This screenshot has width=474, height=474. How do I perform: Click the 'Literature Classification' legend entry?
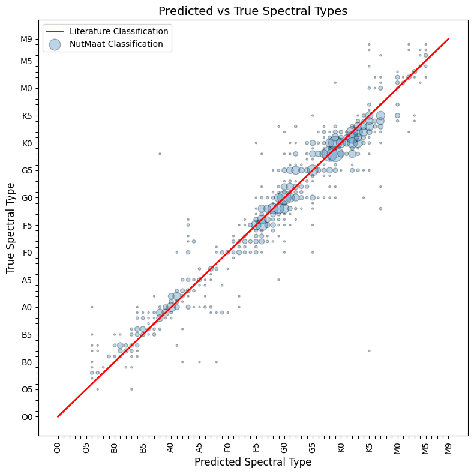119,31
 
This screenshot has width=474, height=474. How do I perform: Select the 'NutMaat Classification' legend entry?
116,44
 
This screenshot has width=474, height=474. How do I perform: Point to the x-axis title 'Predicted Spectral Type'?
253,462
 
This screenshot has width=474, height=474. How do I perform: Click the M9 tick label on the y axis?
26,39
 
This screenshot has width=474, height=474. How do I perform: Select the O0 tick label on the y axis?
26,416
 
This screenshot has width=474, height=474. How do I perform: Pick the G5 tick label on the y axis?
26,170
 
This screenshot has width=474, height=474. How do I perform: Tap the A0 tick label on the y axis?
26,307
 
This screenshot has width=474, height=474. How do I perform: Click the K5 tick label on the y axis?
26,116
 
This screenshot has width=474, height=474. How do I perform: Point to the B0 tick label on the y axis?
26,362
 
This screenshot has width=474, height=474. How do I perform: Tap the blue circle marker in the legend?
54,44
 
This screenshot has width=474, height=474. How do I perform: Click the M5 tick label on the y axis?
26,61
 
